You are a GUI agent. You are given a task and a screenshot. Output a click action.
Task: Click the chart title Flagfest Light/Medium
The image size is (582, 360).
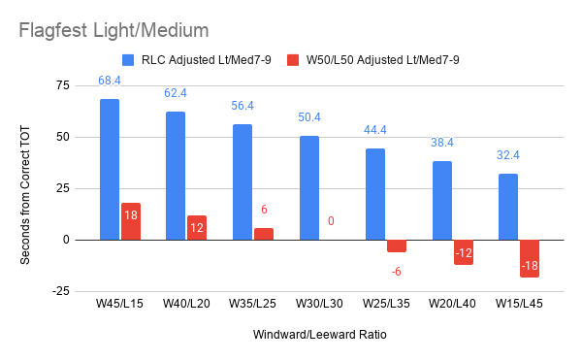113,30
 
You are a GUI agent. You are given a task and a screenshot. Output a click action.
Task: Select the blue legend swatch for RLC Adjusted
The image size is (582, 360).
128,60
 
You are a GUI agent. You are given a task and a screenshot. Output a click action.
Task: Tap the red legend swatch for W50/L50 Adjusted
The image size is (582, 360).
293,60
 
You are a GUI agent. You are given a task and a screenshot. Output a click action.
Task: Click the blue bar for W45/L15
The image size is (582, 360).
110,170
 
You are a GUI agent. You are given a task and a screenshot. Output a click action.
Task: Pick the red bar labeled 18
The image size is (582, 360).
131,221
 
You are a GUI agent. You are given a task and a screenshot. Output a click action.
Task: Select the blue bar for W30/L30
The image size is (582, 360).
309,188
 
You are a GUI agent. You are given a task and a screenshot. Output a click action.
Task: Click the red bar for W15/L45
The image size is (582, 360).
530,259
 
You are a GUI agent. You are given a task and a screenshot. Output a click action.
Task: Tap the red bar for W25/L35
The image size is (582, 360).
397,246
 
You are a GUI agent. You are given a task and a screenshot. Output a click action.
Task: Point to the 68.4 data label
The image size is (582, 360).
110,81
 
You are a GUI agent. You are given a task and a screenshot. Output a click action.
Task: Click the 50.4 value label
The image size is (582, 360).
309,117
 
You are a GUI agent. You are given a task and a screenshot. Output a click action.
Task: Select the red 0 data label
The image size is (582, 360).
331,221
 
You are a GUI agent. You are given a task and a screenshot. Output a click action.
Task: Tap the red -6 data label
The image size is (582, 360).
397,272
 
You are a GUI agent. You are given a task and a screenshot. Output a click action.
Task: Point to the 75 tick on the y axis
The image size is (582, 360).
63,85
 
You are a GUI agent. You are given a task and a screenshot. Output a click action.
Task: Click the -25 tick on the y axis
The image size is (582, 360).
61,291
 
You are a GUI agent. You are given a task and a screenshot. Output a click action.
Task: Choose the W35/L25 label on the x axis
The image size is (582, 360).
252,304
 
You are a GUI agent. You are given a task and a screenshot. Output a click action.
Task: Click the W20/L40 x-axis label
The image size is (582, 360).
452,304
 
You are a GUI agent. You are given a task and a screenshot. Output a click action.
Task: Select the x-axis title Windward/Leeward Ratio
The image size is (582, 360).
319,335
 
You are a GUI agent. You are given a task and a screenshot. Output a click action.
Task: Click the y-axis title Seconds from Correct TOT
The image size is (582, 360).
25,195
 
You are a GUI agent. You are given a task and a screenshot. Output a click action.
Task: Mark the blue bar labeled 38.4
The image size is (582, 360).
442,201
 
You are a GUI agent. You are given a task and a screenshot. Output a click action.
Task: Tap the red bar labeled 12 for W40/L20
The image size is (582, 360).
197,228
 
